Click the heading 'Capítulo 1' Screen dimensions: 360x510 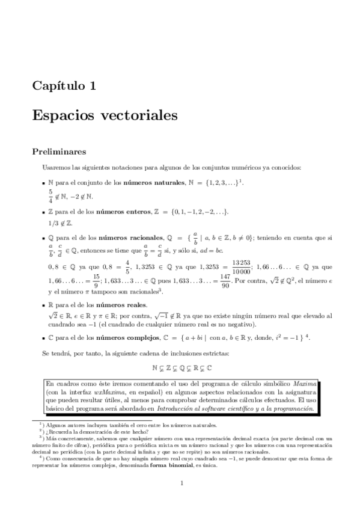(x=64, y=86)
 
